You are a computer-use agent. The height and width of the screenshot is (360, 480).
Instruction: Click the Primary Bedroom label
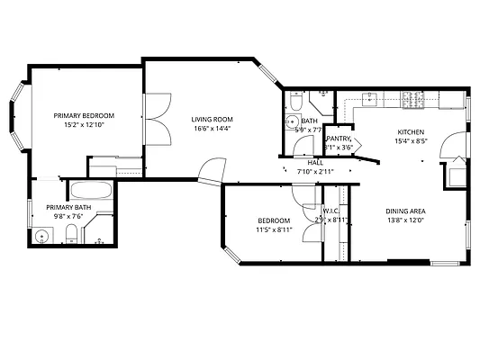(x=84, y=116)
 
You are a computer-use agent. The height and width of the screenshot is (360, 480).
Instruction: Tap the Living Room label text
(x=213, y=119)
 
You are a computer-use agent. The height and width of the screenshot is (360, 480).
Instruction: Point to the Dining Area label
(x=406, y=211)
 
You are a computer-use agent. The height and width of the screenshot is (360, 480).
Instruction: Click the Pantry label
(x=338, y=139)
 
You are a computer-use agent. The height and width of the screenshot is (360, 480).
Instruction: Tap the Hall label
(x=315, y=163)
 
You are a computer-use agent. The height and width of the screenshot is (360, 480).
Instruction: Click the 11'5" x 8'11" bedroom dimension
(x=273, y=230)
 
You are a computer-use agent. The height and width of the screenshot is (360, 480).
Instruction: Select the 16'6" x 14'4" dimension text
(x=213, y=129)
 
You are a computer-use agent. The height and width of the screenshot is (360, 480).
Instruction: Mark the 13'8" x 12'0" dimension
(x=406, y=220)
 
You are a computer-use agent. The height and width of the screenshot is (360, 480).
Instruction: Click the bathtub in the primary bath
(x=91, y=192)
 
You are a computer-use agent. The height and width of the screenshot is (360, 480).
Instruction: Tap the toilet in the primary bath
(x=71, y=237)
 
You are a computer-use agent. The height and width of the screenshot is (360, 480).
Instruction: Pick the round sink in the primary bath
(x=41, y=237)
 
